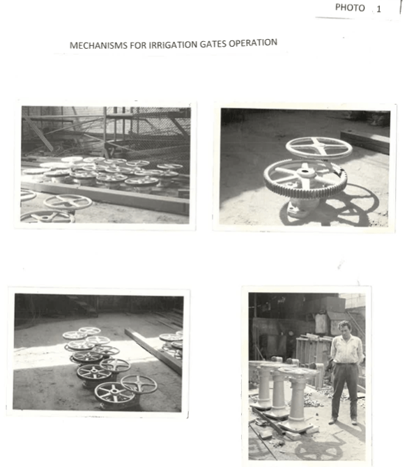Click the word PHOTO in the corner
click(x=350, y=8)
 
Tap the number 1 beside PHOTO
click(x=378, y=9)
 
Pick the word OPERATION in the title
click(x=253, y=43)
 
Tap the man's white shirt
click(x=347, y=349)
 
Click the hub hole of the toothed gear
click(x=305, y=171)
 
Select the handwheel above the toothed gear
click(x=319, y=148)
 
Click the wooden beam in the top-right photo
click(x=365, y=141)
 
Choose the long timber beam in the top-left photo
click(x=107, y=197)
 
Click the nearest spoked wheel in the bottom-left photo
click(x=114, y=392)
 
